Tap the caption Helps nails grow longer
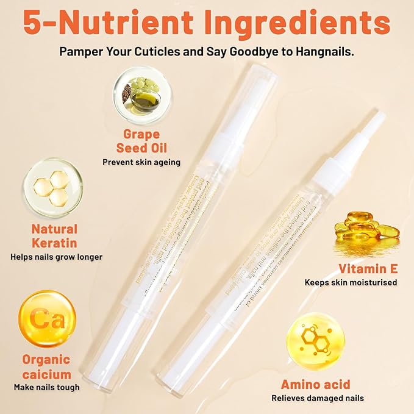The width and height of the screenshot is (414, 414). [56, 257]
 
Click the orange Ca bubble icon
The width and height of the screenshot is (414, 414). [47, 318]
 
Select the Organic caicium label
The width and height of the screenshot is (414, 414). [47, 366]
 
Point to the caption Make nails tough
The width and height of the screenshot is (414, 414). [47, 387]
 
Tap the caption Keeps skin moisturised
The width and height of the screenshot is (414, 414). [351, 282]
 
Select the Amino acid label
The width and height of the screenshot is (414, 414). [315, 384]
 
